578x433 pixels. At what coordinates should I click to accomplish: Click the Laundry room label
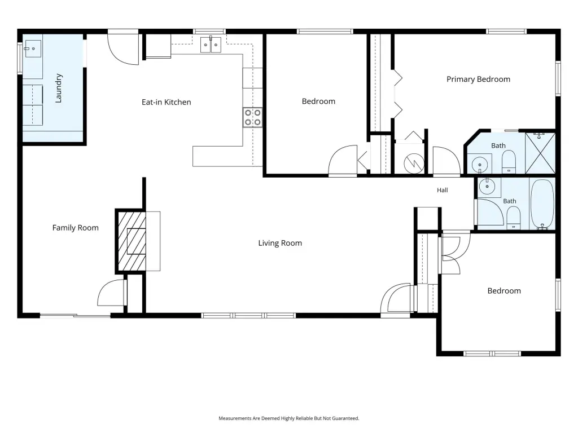pos(58,88)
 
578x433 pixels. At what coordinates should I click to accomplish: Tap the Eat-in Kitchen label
pos(167,102)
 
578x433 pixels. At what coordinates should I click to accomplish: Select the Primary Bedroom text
pos(478,79)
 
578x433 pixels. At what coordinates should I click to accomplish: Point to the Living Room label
pos(280,243)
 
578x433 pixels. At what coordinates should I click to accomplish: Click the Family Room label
pos(75,228)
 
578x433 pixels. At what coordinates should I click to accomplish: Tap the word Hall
pos(443,190)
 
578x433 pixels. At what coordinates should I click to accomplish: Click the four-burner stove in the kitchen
pos(252,117)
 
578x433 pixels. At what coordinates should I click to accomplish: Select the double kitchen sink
pos(211,45)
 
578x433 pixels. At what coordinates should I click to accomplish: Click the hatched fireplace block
pos(131,241)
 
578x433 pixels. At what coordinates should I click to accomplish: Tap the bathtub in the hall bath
pos(542,204)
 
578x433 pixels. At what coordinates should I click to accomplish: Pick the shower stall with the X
pos(540,153)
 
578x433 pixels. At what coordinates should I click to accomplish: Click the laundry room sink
pos(32,48)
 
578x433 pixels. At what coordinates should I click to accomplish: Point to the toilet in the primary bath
pos(509,161)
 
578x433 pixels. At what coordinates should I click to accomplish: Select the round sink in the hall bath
pos(487,186)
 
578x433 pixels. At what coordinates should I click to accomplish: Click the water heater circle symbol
pos(414,163)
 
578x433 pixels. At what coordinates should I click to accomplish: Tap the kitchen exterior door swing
pos(123,48)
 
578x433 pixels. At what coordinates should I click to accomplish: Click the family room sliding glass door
pos(75,316)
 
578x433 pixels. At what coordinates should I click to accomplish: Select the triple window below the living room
pos(248,316)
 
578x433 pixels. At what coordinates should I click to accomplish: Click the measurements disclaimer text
pos(288,418)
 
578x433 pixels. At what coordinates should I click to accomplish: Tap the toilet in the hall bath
pos(513,218)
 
